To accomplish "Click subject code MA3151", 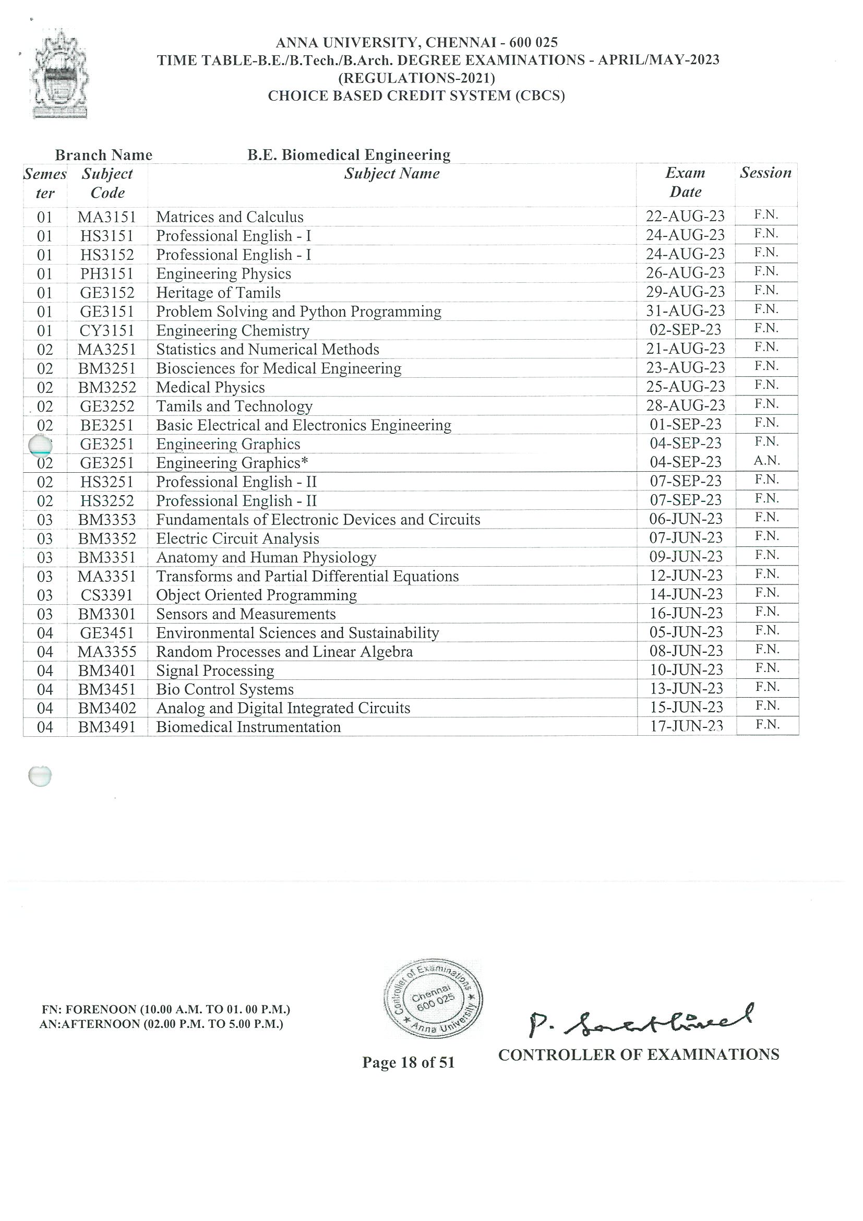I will click(107, 217).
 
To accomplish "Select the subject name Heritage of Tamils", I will click(218, 293).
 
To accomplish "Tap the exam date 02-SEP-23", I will click(685, 330).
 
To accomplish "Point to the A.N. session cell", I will click(766, 461).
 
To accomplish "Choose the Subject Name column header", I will click(391, 173).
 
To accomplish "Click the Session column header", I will click(766, 173).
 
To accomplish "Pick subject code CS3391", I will click(107, 595).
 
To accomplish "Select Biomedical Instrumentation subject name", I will click(248, 727).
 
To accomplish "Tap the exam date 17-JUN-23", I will click(686, 726).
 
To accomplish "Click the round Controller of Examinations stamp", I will click(434, 999).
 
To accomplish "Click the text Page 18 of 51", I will click(409, 1062).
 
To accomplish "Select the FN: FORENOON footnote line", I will click(166, 1009).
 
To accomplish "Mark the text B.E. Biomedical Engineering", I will click(349, 155).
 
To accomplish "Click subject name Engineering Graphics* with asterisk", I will click(232, 463).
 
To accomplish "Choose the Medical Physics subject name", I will click(210, 387).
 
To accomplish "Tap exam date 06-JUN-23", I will click(686, 519).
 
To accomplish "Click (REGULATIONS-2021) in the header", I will click(417, 78).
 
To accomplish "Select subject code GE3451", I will click(107, 633).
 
